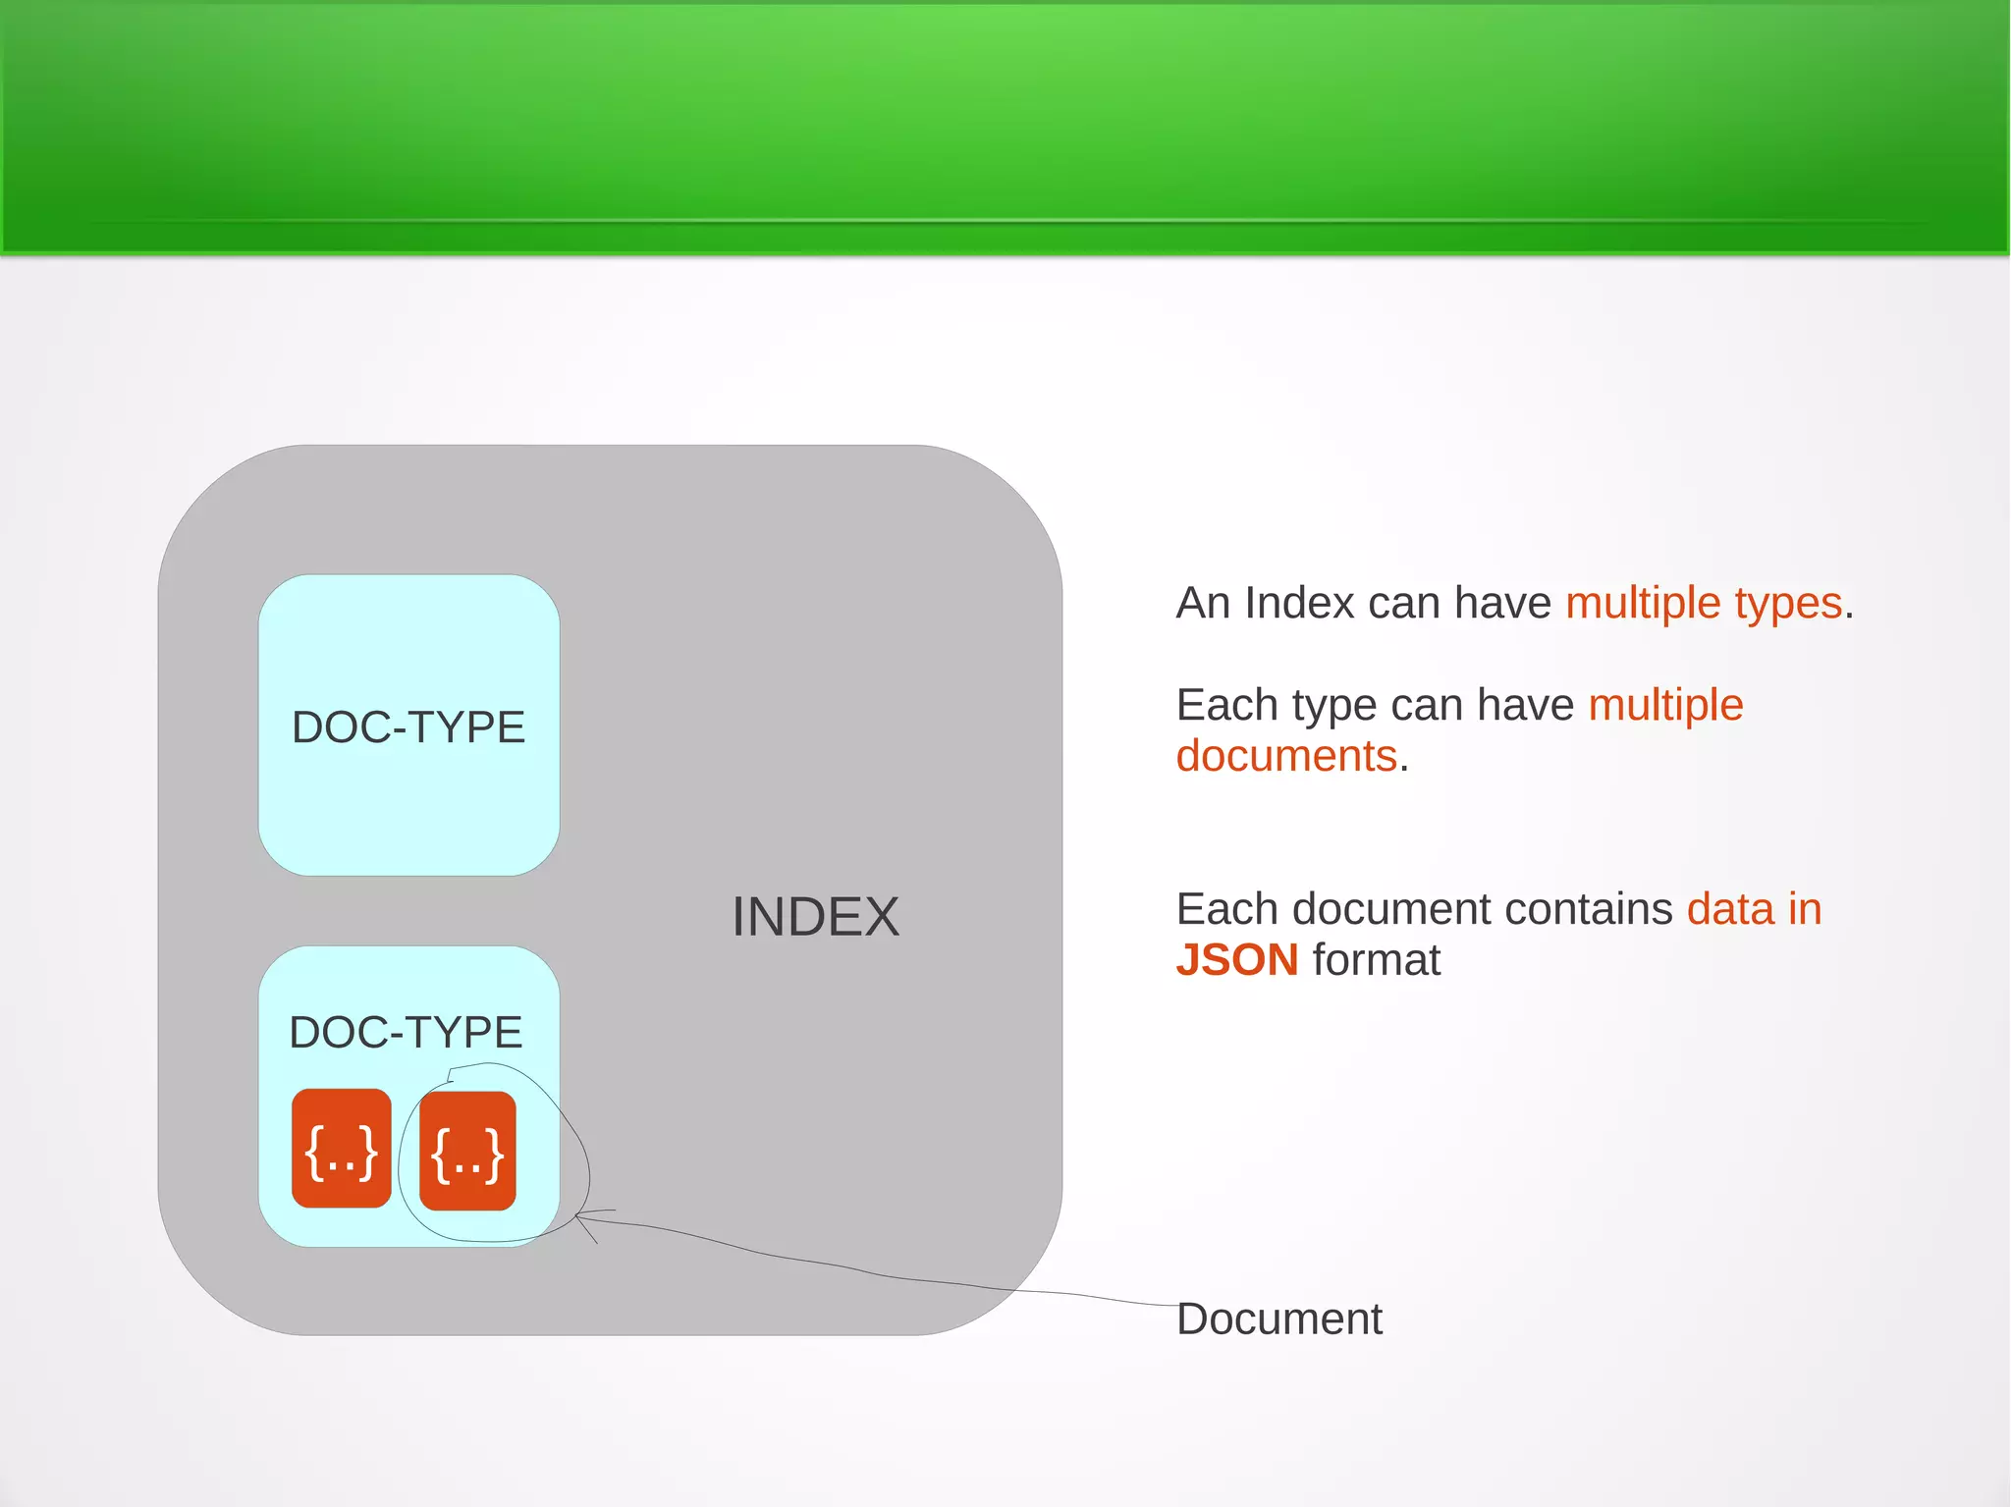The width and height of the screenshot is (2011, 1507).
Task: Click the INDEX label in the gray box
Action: coord(815,917)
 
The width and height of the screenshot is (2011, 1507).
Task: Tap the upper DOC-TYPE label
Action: coord(408,727)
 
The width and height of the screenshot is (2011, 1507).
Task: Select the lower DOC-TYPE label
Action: coord(406,1033)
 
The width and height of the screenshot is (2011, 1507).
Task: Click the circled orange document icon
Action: coord(467,1151)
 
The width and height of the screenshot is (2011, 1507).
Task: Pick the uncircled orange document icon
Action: coord(342,1149)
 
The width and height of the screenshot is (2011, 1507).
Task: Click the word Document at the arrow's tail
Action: coord(1278,1319)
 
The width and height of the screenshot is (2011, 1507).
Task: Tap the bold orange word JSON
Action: coord(1237,960)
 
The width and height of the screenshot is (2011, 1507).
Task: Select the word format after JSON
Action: coord(1377,960)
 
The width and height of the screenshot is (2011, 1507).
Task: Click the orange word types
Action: coord(1788,603)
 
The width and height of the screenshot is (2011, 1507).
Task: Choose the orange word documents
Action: coord(1286,756)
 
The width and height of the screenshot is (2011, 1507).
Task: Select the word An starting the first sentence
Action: coord(1203,603)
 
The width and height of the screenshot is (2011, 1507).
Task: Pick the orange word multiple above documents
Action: coord(1665,705)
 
